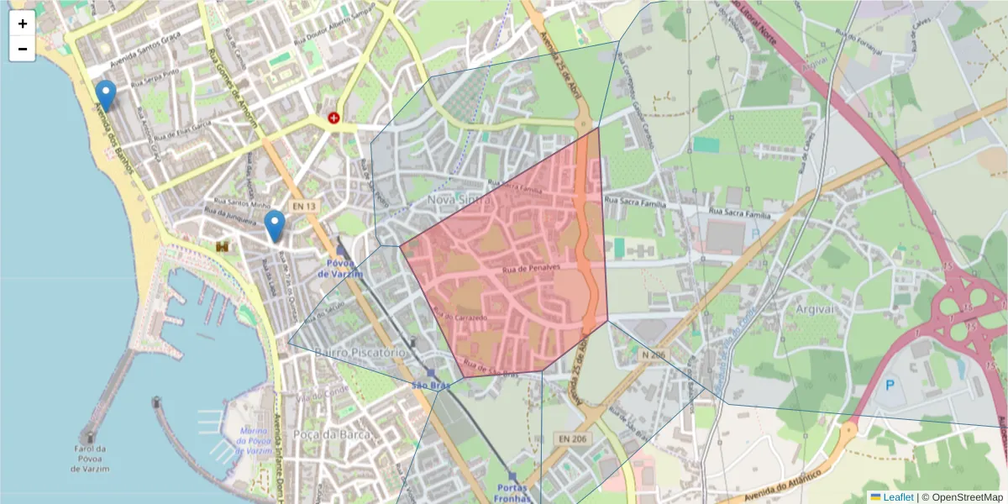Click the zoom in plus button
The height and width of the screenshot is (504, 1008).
point(22,24)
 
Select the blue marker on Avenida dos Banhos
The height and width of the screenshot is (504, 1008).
point(105,95)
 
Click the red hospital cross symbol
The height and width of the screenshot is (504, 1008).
point(334,118)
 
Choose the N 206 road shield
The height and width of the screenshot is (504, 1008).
point(652,356)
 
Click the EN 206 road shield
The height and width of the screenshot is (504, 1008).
point(570,439)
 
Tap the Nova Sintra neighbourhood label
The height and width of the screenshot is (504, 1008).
point(459,199)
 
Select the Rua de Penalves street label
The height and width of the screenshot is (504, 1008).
point(530,268)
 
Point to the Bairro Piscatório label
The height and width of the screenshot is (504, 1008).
point(360,352)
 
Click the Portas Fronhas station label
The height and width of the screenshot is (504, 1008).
point(512,493)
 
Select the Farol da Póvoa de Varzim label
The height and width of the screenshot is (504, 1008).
point(88,458)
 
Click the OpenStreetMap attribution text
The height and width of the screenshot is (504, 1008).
point(962,497)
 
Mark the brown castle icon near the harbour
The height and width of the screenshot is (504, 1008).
point(223,246)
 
